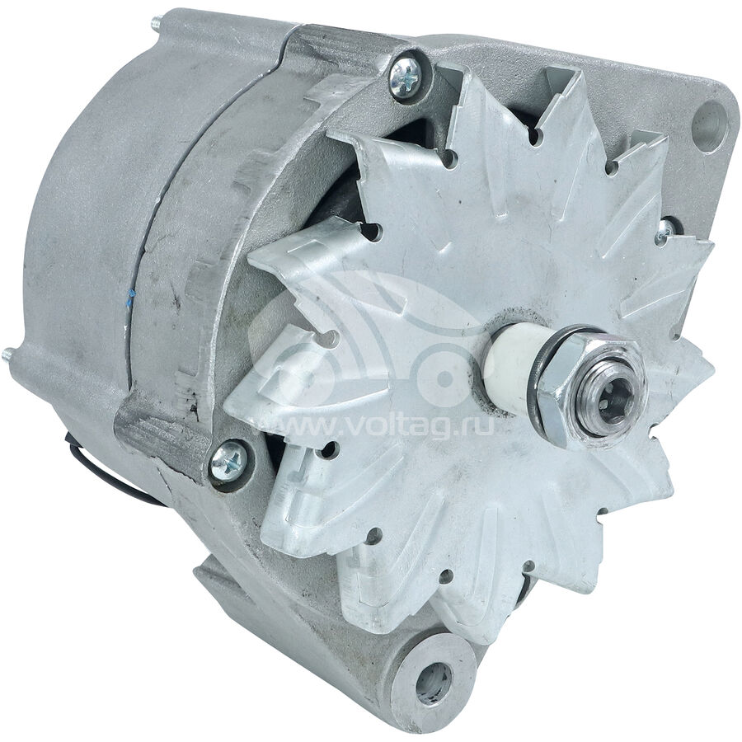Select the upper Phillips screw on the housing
(405, 77)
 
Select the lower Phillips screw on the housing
(228, 460)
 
